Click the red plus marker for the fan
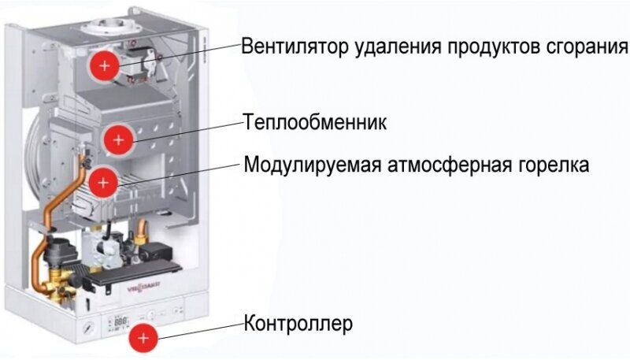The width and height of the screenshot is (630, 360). [103, 65]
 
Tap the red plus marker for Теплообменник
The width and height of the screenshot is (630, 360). [118, 139]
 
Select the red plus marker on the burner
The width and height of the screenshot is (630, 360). [102, 183]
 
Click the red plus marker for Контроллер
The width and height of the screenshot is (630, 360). [143, 337]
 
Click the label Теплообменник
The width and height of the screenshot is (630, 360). [316, 124]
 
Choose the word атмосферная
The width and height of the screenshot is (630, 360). [450, 166]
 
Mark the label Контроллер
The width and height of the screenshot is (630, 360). [298, 324]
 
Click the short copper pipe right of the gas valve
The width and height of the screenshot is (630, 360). [143, 230]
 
